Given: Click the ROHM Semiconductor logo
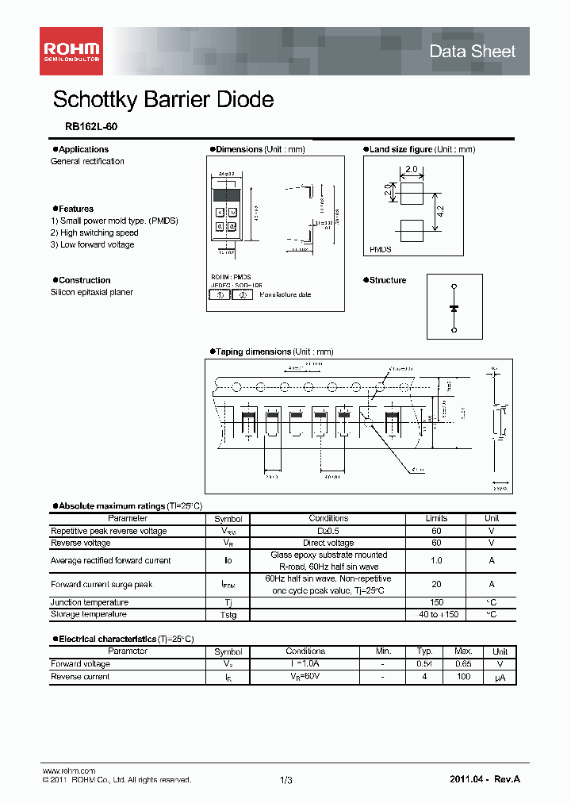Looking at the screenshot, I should click(x=71, y=52).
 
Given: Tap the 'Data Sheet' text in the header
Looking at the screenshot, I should click(x=472, y=52).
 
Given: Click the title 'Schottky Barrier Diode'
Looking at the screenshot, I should click(x=163, y=100).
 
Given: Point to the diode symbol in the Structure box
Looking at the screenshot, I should click(x=454, y=307).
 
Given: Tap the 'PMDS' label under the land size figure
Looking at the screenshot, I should click(x=381, y=249).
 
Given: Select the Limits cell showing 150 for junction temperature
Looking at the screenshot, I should click(x=436, y=603).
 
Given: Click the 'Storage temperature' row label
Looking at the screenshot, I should click(x=89, y=614).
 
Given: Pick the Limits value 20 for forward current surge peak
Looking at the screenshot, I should click(x=436, y=585).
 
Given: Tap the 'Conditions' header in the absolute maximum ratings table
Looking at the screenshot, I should click(x=328, y=518).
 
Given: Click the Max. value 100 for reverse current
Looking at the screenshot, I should click(x=464, y=677).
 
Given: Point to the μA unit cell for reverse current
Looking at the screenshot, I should click(x=500, y=678).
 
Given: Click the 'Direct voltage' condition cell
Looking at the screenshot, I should click(x=328, y=543).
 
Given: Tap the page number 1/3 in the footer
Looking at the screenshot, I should click(x=285, y=781).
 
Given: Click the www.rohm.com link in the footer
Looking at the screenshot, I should click(x=68, y=770).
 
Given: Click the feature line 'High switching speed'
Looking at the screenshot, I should click(x=98, y=232).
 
